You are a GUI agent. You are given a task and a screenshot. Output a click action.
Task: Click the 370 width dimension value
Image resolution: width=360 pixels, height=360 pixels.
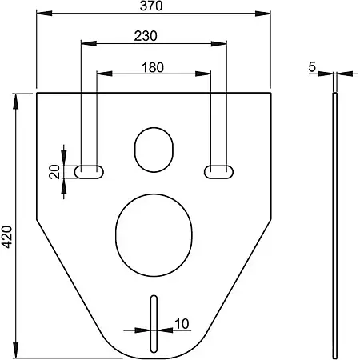(151, 6)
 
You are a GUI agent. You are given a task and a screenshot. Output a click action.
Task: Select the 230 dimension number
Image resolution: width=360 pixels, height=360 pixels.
(146, 36)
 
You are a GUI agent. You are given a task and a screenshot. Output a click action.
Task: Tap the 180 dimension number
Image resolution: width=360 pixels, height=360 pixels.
(153, 67)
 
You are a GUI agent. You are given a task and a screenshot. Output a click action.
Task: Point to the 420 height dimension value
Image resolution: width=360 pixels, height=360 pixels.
(7, 237)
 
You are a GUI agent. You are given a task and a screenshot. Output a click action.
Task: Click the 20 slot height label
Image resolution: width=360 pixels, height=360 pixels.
(54, 172)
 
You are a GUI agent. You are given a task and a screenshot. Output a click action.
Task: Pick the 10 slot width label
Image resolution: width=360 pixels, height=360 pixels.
(182, 324)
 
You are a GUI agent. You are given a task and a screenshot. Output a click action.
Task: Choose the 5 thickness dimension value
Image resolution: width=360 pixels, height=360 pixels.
(312, 66)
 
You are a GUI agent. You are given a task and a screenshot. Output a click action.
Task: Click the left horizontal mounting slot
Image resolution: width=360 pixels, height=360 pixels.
(89, 172)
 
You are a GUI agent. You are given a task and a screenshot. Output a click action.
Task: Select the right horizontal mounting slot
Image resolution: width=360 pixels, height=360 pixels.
(218, 172)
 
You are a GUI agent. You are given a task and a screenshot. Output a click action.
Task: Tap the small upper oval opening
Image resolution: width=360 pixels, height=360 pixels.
(154, 150)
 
